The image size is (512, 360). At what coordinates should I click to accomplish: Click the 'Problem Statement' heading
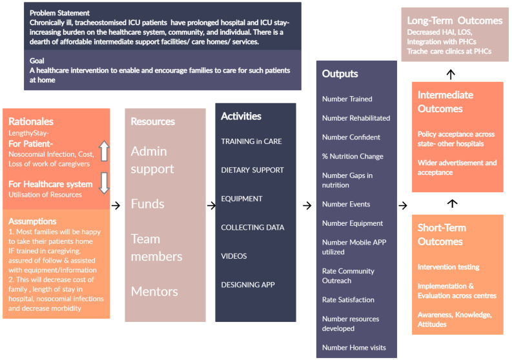tap(59, 13)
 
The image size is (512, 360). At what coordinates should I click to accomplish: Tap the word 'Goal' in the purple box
tap(37, 61)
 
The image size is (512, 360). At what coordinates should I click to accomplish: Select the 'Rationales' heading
tap(31, 121)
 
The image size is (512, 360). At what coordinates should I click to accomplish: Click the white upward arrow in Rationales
tap(104, 151)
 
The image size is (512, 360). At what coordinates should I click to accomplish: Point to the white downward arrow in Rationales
tap(104, 183)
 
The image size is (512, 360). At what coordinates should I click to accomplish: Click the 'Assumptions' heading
tap(32, 221)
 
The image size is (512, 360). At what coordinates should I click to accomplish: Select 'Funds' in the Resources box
tap(148, 204)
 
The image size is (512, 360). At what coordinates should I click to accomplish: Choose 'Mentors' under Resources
tap(154, 291)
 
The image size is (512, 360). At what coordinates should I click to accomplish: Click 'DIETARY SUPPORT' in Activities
tap(252, 170)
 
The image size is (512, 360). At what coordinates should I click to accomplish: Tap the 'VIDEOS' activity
tap(234, 256)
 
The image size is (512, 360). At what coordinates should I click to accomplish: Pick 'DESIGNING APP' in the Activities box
tap(248, 285)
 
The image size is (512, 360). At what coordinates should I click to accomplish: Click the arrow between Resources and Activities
tap(211, 206)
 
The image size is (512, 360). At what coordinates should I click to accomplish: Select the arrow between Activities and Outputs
tap(307, 206)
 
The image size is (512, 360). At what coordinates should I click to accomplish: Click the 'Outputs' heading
tap(340, 74)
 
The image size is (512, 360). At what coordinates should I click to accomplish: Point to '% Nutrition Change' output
tap(353, 156)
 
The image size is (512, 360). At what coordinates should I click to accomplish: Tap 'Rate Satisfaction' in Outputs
tap(348, 299)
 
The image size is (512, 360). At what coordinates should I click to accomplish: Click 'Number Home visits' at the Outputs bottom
tap(354, 348)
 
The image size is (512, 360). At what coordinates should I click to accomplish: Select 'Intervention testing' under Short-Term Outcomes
tap(448, 267)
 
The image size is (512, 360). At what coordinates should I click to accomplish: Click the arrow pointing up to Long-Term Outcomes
tap(451, 74)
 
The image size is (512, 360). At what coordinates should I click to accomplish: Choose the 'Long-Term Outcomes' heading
tap(455, 21)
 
